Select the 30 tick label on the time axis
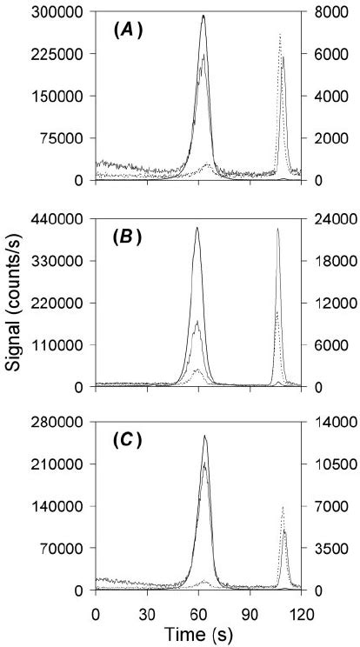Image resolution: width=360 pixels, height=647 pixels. [147, 611]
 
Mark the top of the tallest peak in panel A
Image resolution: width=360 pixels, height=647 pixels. [203, 16]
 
